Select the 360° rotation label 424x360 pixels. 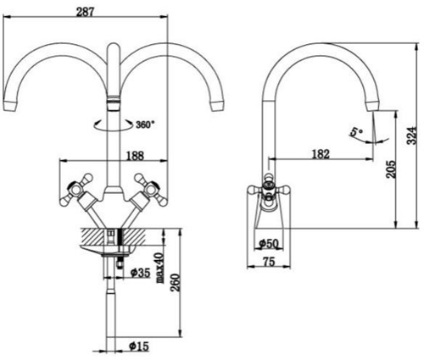click(145, 124)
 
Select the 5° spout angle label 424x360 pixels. click(354, 132)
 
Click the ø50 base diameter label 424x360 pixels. click(270, 244)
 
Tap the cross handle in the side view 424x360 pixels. click(266, 188)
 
